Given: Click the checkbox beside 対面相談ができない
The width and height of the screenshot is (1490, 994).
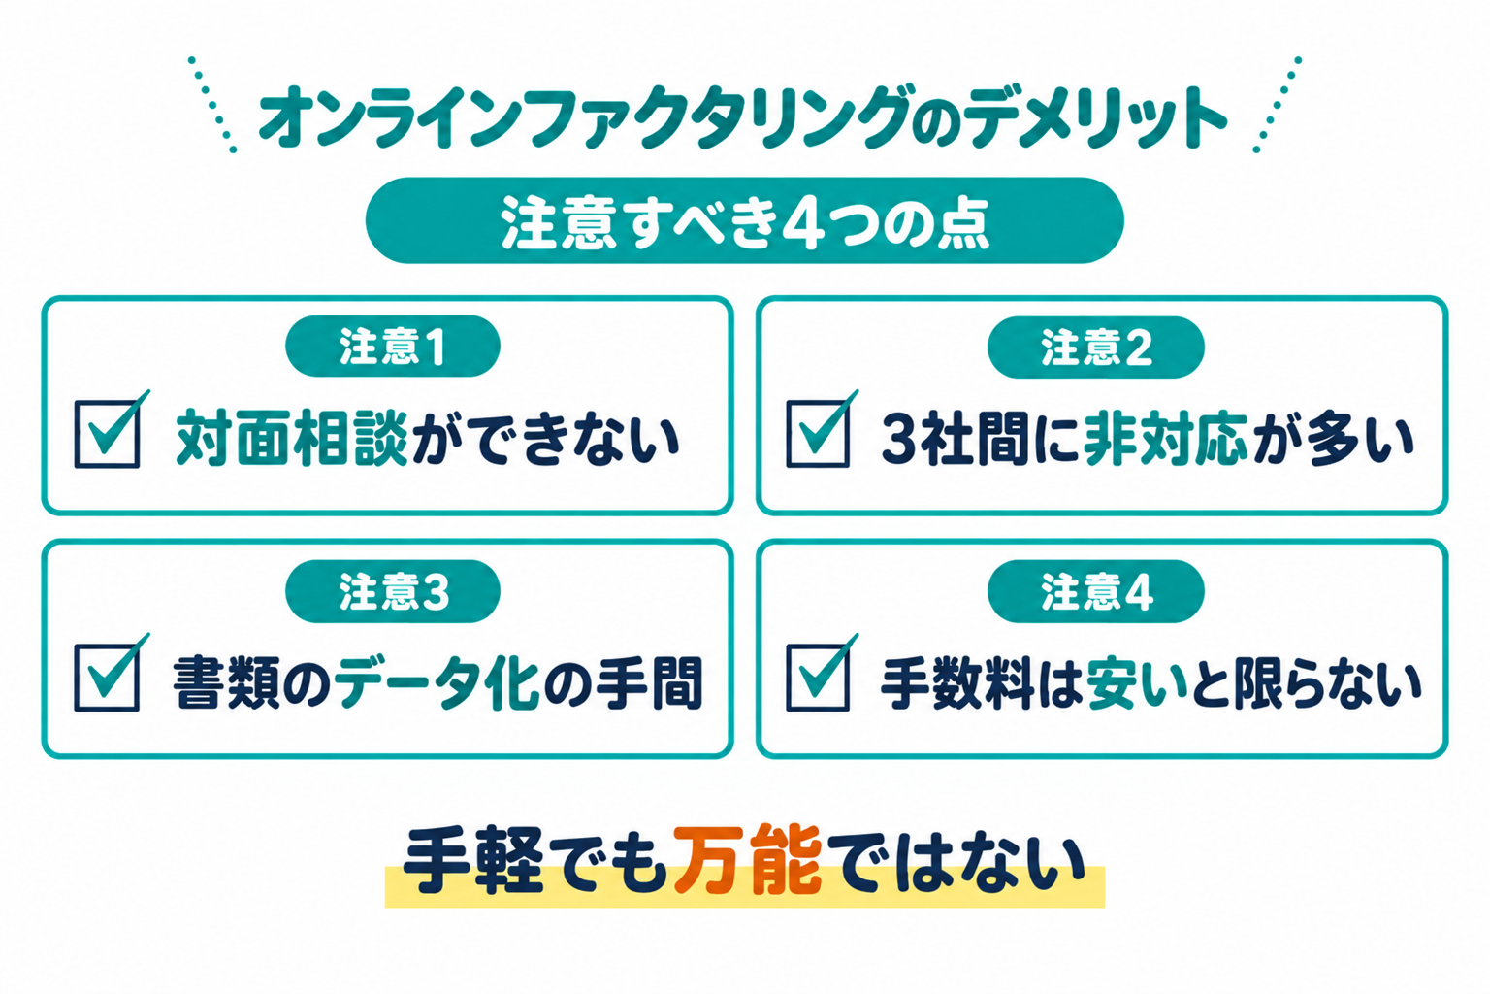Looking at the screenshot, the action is [107, 434].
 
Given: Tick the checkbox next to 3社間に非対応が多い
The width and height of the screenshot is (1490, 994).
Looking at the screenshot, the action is [818, 434].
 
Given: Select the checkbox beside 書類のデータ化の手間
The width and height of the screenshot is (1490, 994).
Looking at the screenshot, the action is [107, 678].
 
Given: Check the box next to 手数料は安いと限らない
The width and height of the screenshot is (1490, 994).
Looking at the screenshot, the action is [818, 678].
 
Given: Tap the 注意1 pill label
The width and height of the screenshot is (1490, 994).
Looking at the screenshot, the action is [393, 347].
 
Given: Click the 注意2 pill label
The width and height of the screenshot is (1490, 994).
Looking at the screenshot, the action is [1095, 347].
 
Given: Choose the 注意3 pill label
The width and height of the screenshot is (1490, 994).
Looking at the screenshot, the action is [393, 591].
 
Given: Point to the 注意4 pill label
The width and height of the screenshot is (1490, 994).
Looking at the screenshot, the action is [1095, 591].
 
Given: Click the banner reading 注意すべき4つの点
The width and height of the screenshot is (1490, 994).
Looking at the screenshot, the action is [744, 220].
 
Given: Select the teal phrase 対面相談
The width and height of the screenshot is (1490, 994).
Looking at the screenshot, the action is [292, 438].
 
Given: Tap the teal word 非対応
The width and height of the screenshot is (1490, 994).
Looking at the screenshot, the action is [1165, 438].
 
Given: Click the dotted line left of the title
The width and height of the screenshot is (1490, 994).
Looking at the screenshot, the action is [211, 105].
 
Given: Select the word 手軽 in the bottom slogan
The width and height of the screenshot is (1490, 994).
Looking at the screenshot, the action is [473, 859].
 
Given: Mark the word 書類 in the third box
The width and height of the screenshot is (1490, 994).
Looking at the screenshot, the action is [226, 682].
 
